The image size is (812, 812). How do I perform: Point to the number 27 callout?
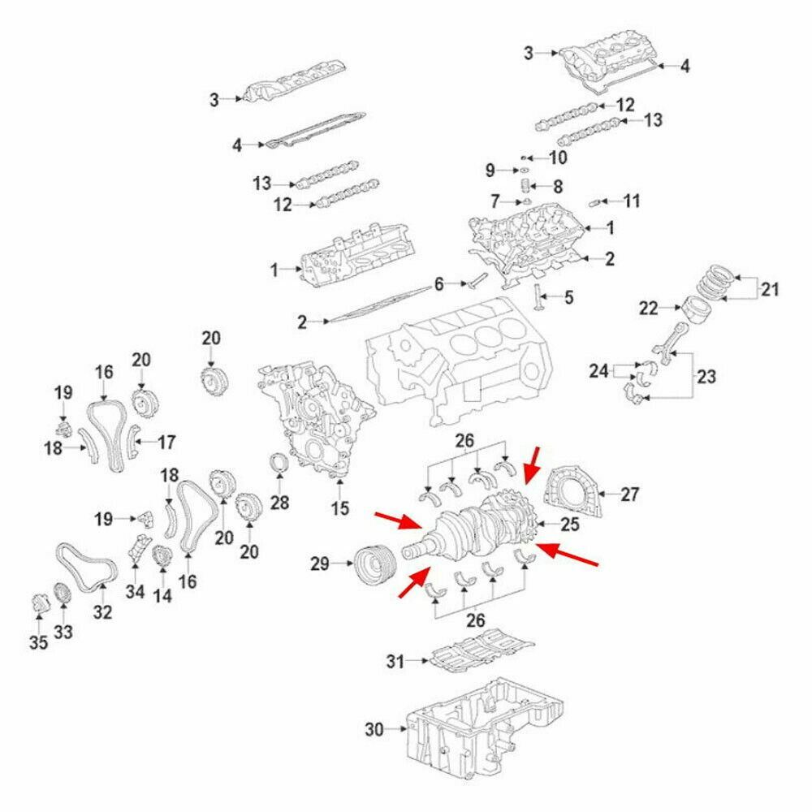[x=630, y=493]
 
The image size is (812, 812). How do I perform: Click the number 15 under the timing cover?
[x=339, y=509]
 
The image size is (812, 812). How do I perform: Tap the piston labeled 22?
[x=698, y=308]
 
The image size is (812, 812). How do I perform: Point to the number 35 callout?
[x=39, y=643]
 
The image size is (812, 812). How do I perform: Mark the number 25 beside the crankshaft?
[x=570, y=525]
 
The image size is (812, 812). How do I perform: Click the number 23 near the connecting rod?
[x=706, y=376]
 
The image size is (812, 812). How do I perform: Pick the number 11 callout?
[x=633, y=200]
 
